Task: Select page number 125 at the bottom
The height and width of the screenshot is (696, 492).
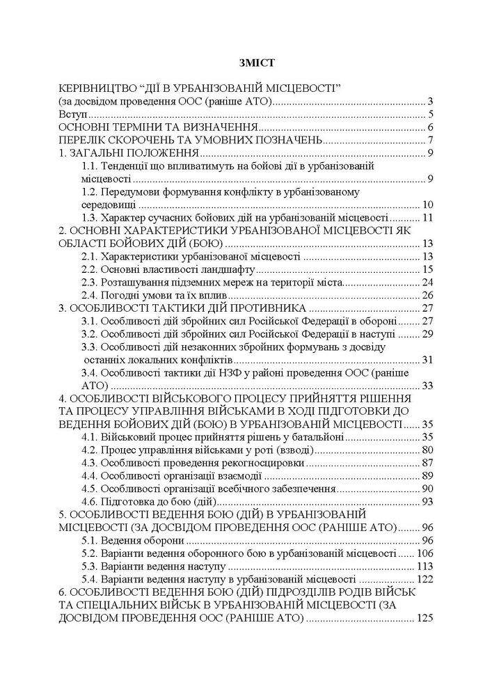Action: coord(424,617)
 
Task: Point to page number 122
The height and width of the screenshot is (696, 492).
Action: coord(424,579)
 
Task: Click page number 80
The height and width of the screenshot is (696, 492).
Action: coord(427,450)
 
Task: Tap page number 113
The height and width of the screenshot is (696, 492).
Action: coord(424,567)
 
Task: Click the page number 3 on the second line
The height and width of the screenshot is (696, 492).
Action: coord(431,102)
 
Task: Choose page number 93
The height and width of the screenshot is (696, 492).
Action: coord(427,502)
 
